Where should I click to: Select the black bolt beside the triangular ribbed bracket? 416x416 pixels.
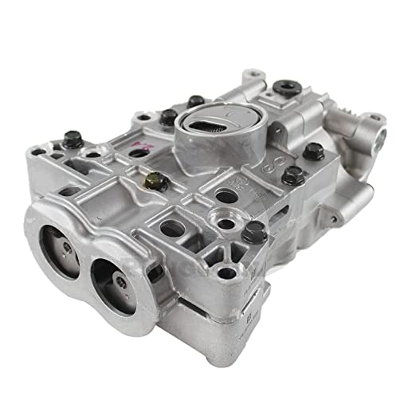coord(254,233)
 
